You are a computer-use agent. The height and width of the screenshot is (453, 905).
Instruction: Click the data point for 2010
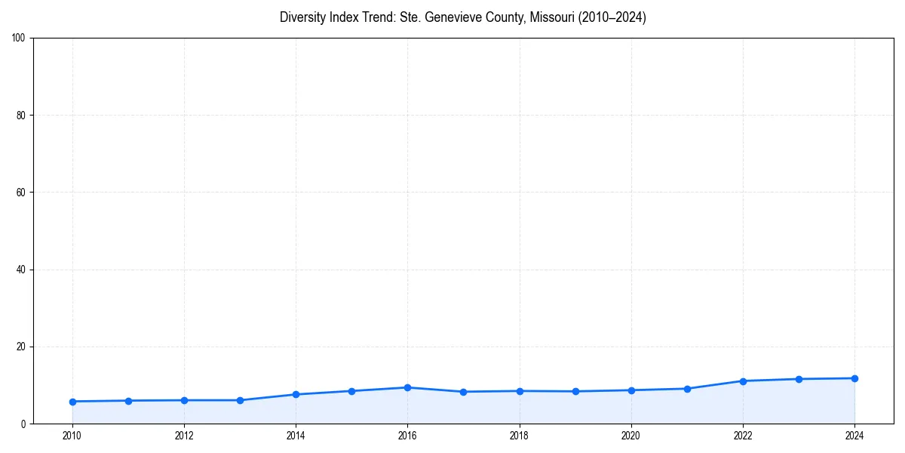click(x=72, y=402)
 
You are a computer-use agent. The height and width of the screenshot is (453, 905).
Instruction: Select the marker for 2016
click(x=407, y=387)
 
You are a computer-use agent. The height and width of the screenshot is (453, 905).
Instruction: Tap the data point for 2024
click(x=854, y=378)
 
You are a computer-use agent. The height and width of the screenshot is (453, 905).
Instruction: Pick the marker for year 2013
click(x=240, y=400)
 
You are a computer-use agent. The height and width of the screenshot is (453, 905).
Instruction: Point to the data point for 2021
click(x=687, y=389)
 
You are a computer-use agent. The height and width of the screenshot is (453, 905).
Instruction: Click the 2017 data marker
click(x=463, y=392)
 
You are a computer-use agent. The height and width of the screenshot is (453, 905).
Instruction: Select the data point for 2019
click(x=575, y=391)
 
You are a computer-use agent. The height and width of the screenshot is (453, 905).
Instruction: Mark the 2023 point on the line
click(x=799, y=379)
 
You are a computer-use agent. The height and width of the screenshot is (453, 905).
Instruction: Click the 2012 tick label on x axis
click(x=184, y=436)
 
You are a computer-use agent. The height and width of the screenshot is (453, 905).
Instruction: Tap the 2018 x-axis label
click(x=519, y=436)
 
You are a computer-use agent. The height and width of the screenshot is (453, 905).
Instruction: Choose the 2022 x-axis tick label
click(x=743, y=436)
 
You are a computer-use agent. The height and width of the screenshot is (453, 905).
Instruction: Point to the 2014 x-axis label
click(x=296, y=436)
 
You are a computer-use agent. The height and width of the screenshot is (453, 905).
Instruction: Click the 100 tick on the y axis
click(x=19, y=38)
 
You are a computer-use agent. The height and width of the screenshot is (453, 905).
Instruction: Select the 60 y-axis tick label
click(x=21, y=193)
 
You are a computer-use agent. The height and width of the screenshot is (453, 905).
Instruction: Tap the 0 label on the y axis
click(x=23, y=424)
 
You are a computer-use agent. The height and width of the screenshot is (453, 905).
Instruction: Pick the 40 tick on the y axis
click(x=21, y=270)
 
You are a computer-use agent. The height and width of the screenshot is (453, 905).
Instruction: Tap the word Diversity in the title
click(x=302, y=17)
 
